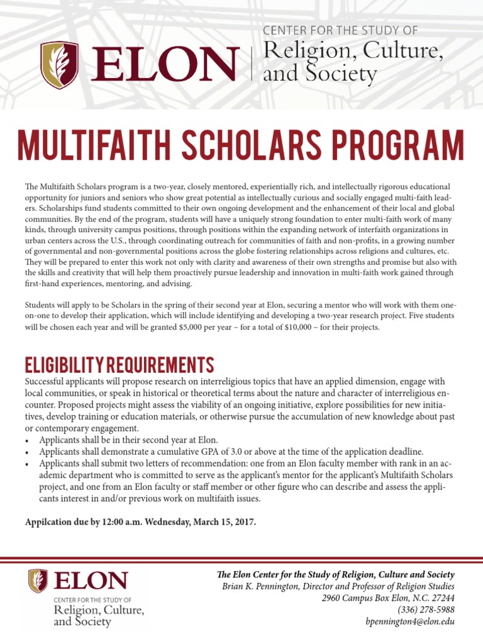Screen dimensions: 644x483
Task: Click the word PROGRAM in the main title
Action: [400, 145]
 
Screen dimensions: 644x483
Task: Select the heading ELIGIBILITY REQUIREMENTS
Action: [119, 364]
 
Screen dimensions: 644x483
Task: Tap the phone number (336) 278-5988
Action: [426, 609]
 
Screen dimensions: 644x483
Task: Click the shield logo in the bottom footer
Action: [38, 580]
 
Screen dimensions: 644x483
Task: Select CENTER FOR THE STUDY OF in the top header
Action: [340, 30]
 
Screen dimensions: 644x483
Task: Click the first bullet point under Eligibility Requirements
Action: [30, 440]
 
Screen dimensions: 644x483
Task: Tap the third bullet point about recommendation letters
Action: [30, 464]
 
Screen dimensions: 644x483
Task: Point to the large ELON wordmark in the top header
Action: [164, 66]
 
